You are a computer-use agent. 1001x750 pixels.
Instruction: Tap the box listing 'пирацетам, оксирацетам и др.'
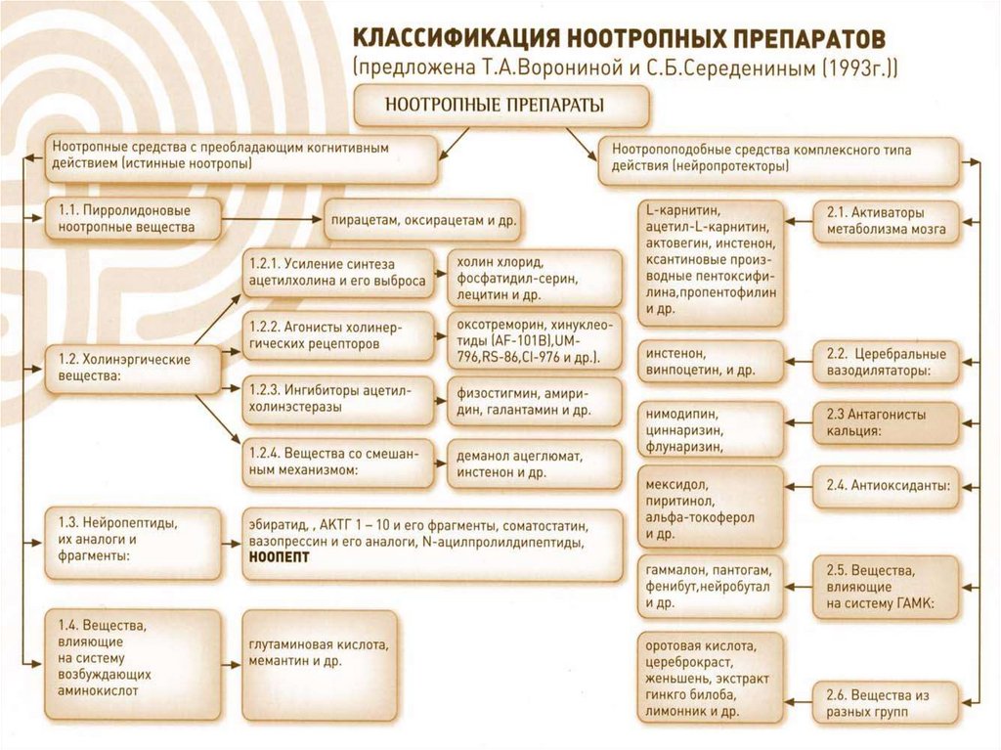tap(422, 220)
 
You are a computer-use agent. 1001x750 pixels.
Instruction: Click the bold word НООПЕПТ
tap(280, 556)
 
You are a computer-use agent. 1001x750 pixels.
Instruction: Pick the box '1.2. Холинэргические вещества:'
tap(122, 368)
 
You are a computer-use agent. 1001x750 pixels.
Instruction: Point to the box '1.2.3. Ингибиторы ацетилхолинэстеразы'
tap(337, 399)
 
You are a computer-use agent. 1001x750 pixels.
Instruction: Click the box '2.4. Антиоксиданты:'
tap(886, 484)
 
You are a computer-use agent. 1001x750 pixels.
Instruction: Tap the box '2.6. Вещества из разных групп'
tap(886, 704)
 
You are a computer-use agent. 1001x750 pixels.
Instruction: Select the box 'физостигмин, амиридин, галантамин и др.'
tap(534, 399)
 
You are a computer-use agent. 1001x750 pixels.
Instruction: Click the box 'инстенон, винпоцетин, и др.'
tap(711, 361)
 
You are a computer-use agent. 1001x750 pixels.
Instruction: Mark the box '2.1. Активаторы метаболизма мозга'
tap(886, 221)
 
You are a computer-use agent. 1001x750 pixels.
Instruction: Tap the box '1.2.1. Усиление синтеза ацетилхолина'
tap(337, 273)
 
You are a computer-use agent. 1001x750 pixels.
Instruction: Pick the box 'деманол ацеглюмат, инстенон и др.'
tap(534, 463)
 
